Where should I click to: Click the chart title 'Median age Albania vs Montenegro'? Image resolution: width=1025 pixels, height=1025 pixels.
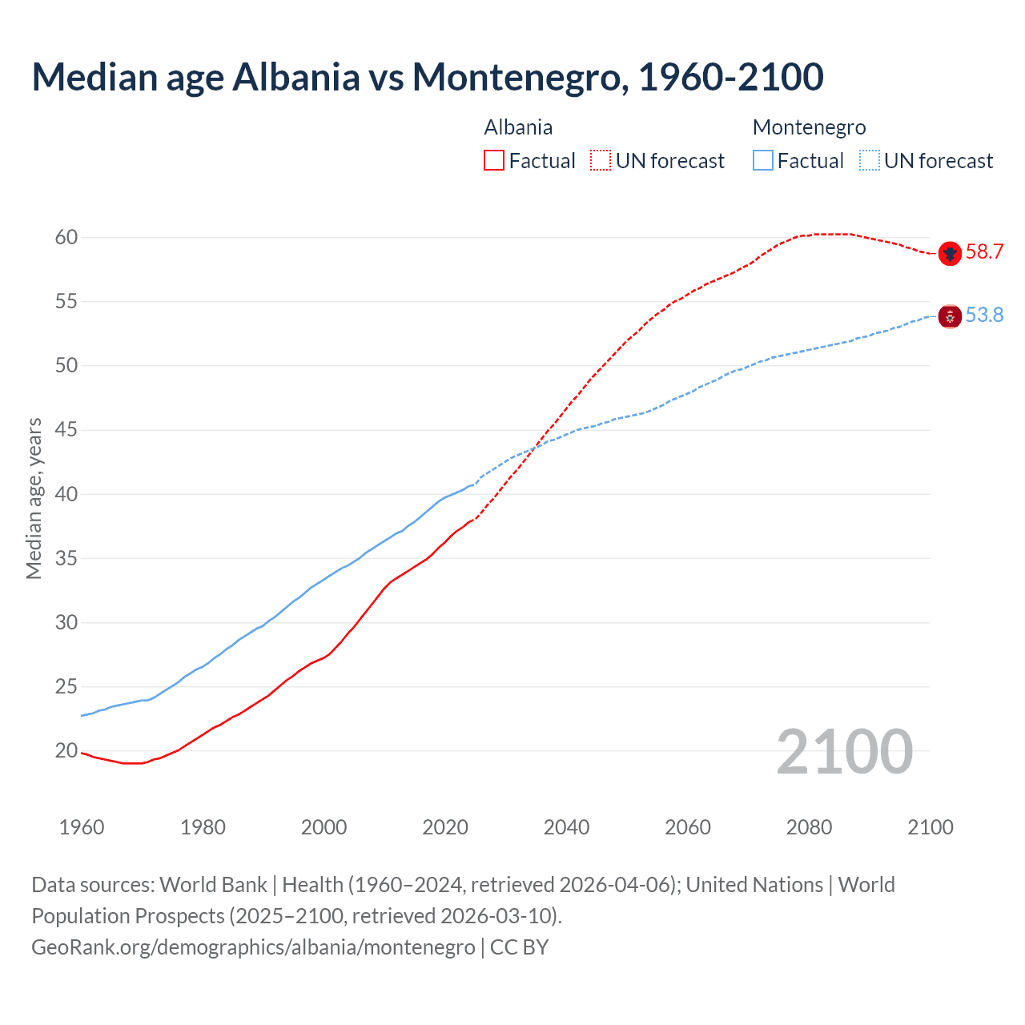(427, 78)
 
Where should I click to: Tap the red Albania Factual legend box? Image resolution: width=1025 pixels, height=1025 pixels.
(494, 161)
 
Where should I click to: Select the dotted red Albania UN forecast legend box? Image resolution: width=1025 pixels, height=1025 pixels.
(601, 161)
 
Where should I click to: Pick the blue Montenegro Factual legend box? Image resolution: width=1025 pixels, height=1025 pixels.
(763, 161)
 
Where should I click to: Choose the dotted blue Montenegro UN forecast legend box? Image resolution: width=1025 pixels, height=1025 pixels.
(870, 161)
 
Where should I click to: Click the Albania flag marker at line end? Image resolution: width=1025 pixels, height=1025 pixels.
(950, 253)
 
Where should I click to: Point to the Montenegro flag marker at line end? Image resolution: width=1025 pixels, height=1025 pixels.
(950, 316)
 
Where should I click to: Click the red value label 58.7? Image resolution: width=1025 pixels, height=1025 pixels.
(984, 252)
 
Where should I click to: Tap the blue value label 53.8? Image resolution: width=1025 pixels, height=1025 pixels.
(984, 316)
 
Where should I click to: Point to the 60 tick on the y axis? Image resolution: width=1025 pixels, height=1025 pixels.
(66, 238)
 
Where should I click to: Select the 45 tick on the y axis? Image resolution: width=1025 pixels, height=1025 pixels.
(66, 430)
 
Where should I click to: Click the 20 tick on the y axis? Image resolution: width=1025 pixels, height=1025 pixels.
(66, 751)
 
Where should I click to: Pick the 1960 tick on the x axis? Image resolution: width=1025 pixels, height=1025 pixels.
(82, 827)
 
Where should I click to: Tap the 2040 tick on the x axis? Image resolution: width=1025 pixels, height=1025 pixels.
(566, 827)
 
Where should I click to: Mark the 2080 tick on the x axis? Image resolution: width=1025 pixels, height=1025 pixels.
(809, 827)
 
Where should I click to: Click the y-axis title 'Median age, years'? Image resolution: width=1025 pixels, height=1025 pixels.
(34, 498)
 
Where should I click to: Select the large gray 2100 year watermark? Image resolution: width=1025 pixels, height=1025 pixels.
(844, 752)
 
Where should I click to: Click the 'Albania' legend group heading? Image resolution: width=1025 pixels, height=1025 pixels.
(518, 127)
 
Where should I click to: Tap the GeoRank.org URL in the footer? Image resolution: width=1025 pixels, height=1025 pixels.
(253, 947)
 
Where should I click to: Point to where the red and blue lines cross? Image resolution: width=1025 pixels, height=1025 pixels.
(536, 445)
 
